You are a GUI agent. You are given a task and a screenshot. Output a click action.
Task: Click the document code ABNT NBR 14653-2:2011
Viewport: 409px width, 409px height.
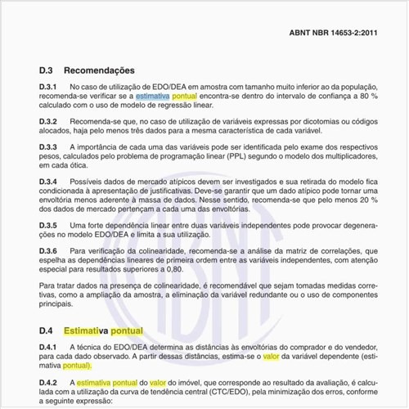coord(334,34)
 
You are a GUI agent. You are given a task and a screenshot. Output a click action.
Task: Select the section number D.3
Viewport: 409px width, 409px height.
coord(47,70)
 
